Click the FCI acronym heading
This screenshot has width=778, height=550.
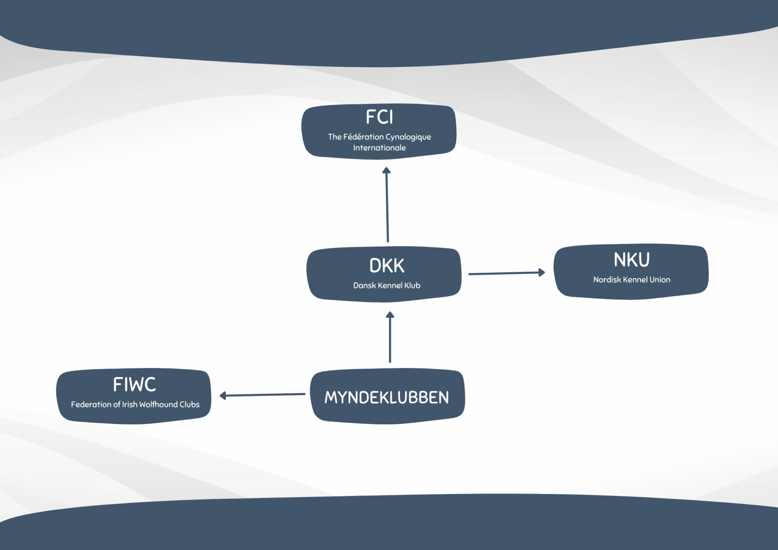pos(379,117)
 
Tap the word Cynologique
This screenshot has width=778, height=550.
pos(408,137)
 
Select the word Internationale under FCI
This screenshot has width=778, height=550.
pos(379,148)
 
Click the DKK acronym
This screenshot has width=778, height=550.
pos(387,266)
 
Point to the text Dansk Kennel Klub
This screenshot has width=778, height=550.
pos(387,285)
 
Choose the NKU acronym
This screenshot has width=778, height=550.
pos(631,260)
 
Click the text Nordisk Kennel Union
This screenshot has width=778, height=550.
pos(631,280)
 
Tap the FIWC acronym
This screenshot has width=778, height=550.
pos(134,385)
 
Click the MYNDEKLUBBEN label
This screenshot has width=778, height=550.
pos(387,398)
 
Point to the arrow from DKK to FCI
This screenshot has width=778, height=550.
pos(387,207)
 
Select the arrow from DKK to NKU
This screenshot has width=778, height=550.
pos(504,274)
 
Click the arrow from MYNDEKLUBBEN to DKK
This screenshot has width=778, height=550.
pos(390,338)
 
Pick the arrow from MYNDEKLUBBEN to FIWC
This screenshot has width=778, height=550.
pos(263,395)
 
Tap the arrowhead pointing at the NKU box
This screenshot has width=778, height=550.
pos(541,273)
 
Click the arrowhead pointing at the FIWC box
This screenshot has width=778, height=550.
pos(223,396)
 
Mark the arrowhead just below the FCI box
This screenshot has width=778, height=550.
pos(387,171)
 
